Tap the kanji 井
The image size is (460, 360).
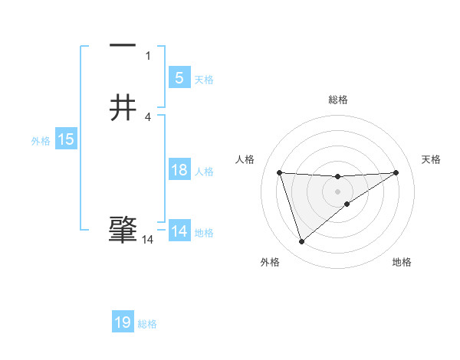click(123, 106)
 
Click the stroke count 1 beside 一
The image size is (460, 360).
click(148, 55)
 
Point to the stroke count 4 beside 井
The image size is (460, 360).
click(148, 116)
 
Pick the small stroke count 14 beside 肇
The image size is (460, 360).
click(148, 239)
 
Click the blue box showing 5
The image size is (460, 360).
click(179, 78)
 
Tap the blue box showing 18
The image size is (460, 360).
click(179, 170)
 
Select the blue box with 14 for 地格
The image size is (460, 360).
click(179, 231)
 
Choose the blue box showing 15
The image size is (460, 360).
click(66, 139)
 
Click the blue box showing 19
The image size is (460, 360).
click(123, 322)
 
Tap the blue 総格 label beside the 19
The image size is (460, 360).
click(147, 324)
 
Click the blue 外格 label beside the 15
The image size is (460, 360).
click(41, 141)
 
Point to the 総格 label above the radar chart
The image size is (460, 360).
click(338, 100)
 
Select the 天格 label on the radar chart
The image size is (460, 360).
click(431, 159)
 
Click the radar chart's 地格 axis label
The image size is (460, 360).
click(402, 262)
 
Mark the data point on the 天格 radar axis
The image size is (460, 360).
click(396, 172)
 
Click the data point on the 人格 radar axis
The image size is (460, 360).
click(280, 172)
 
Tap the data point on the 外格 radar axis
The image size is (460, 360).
click(301, 242)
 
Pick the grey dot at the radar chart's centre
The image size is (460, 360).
click(338, 190)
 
